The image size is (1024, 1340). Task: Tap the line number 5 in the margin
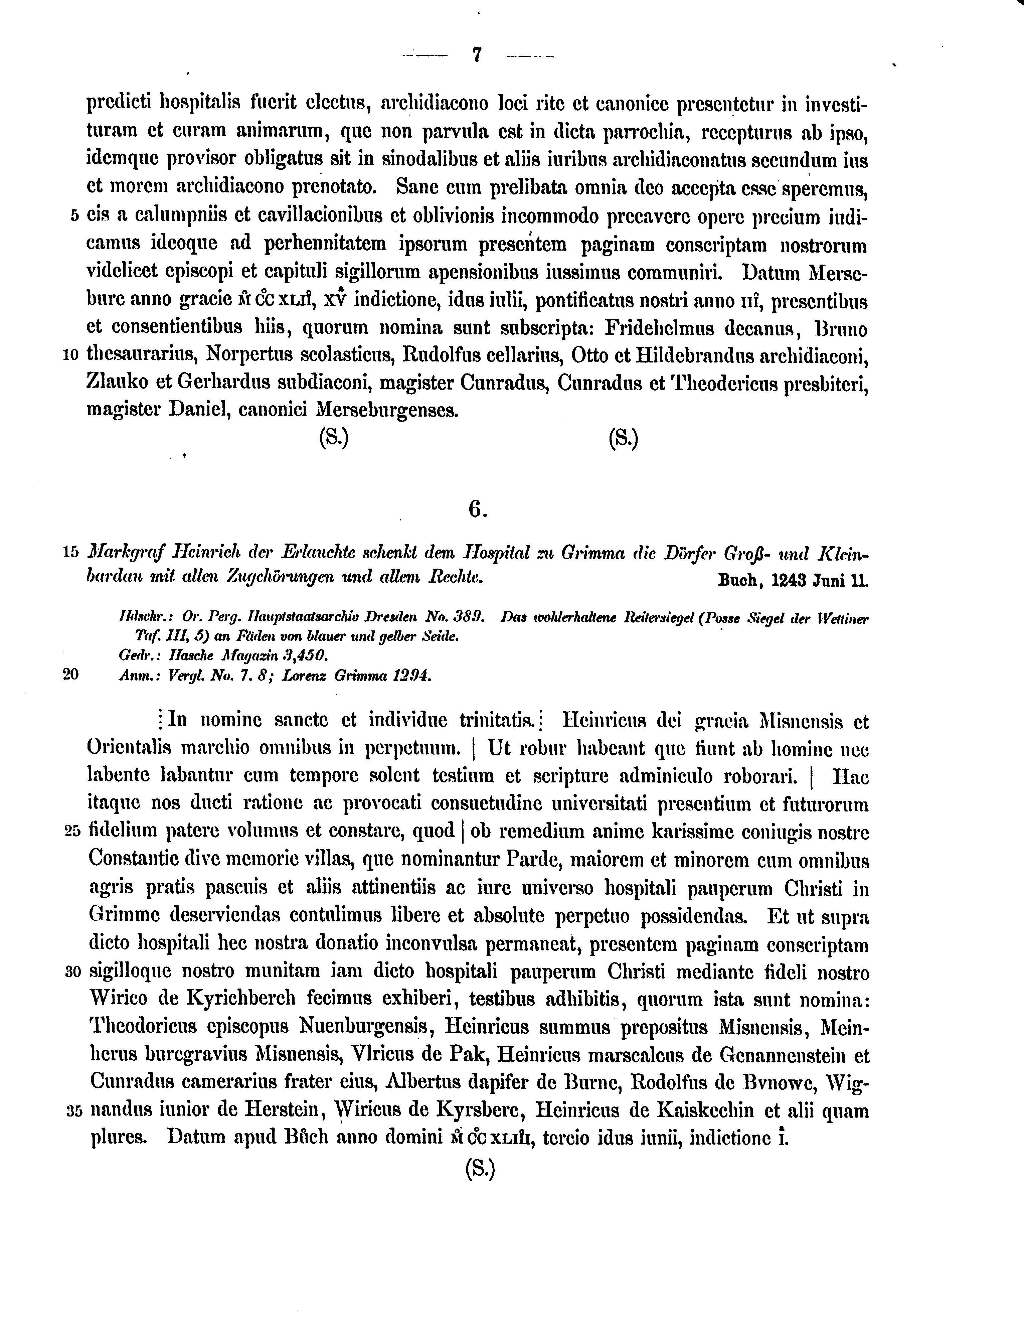[74, 216]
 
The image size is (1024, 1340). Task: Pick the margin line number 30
[72, 972]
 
